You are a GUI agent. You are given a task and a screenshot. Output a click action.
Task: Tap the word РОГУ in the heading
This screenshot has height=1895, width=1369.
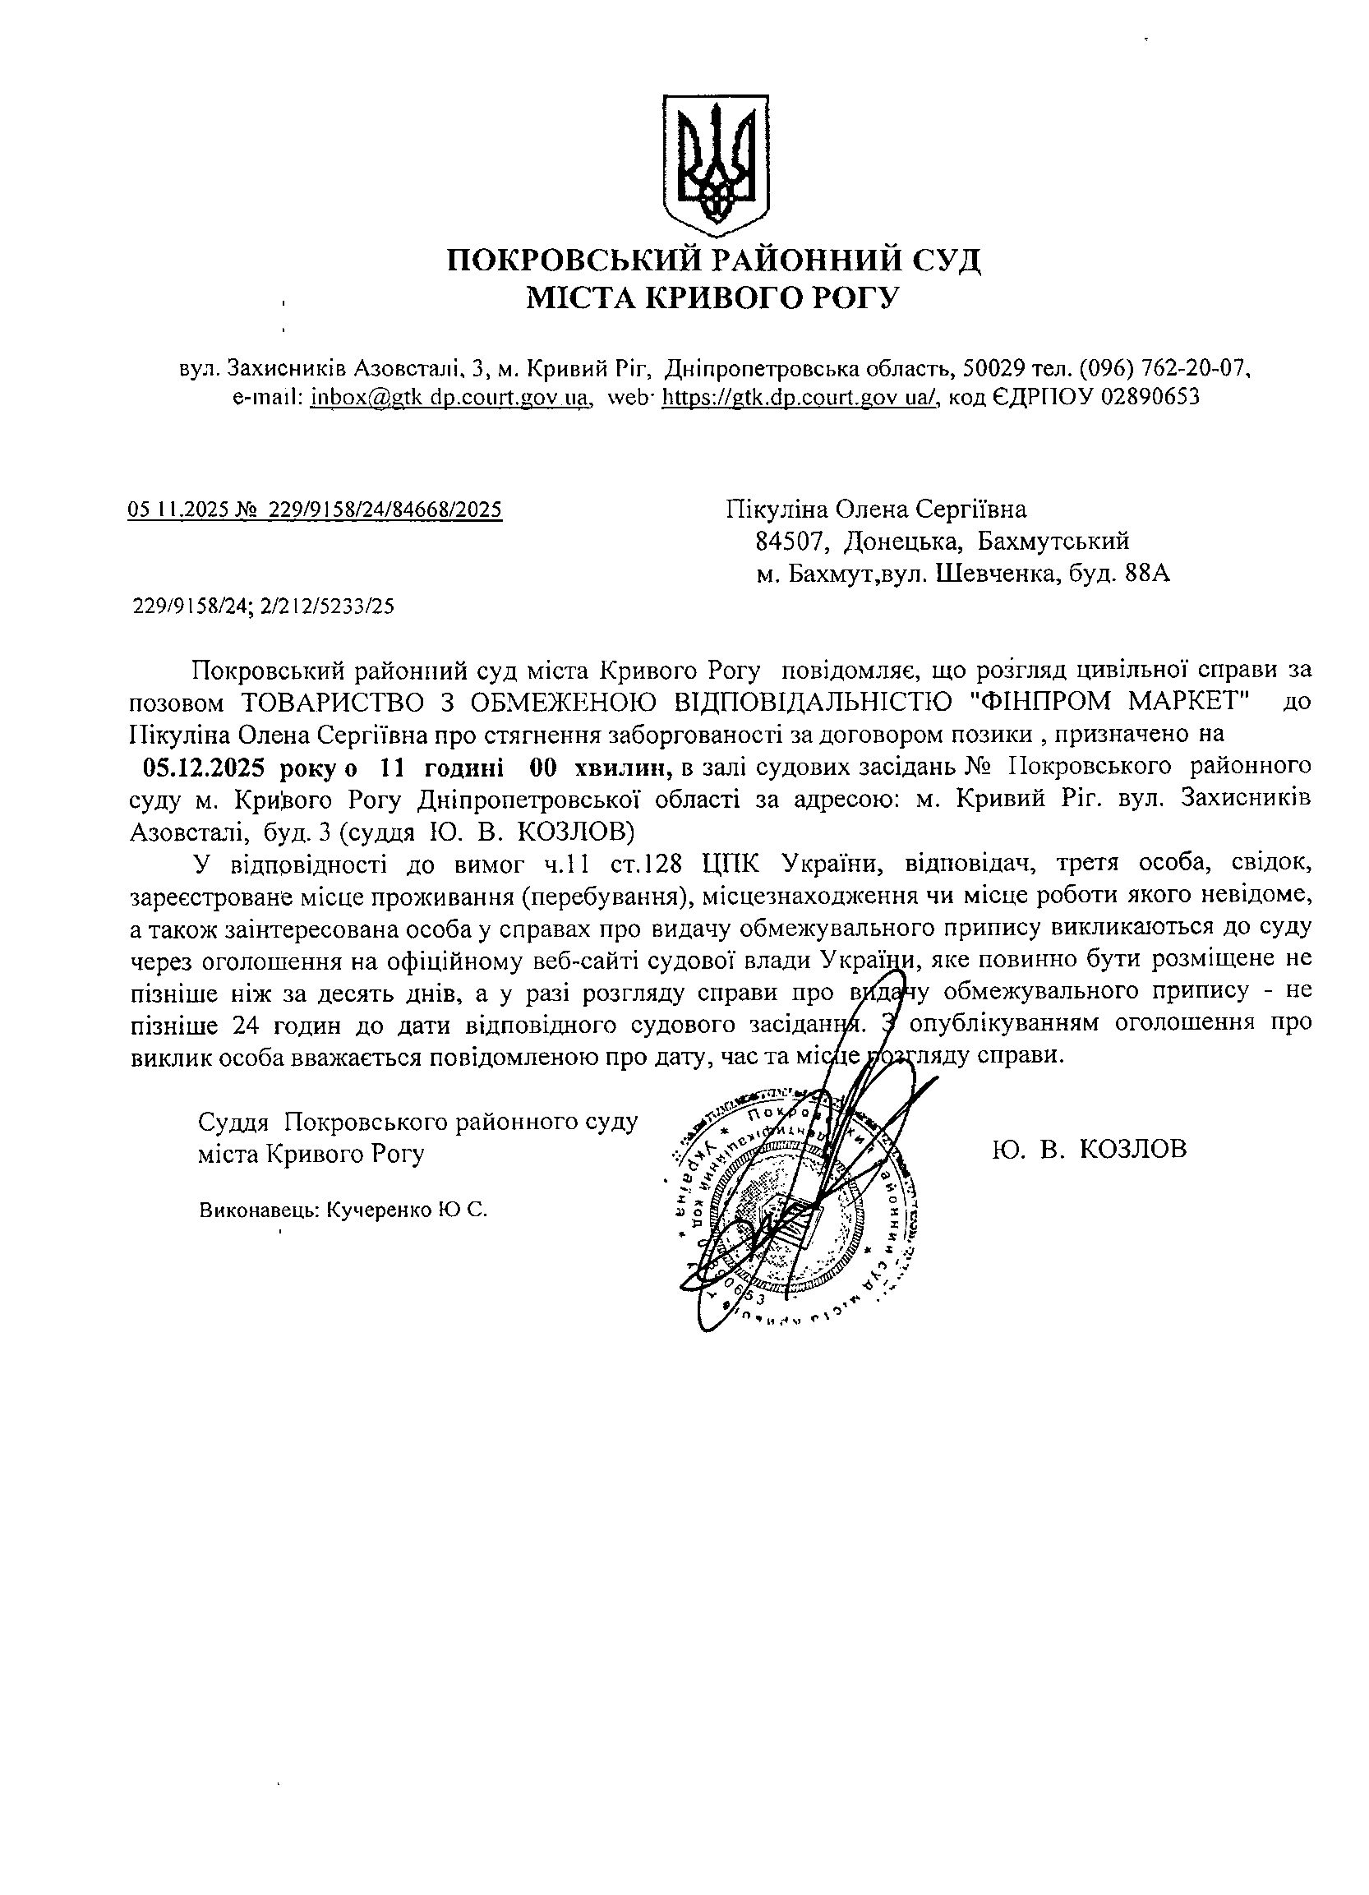[x=855, y=297]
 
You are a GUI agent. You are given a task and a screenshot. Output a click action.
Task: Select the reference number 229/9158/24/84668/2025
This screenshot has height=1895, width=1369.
[x=385, y=509]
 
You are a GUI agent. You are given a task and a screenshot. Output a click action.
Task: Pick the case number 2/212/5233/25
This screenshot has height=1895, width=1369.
[x=326, y=607]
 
